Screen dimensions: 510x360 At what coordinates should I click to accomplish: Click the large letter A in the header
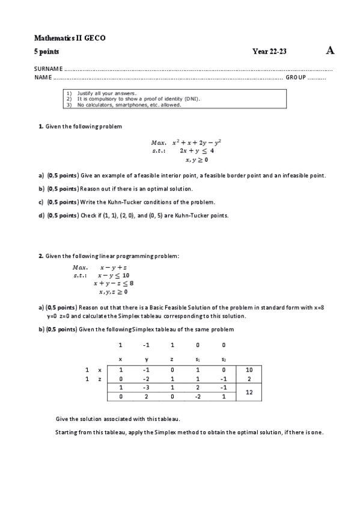tap(330, 51)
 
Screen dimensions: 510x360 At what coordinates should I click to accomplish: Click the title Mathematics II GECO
tap(70, 38)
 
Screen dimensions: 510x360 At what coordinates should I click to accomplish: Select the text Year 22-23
tap(270, 52)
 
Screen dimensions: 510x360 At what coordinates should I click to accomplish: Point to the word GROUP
tap(296, 78)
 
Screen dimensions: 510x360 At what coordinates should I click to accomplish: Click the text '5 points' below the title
tap(46, 52)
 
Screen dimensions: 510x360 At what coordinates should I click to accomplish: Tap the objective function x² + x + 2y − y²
tap(197, 143)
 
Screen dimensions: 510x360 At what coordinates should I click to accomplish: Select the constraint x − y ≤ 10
tap(114, 275)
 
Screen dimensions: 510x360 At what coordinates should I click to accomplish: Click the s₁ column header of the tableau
tap(198, 359)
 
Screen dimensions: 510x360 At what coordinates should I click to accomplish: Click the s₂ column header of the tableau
tap(223, 359)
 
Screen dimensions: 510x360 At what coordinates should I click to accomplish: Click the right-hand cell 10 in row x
tap(248, 370)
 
